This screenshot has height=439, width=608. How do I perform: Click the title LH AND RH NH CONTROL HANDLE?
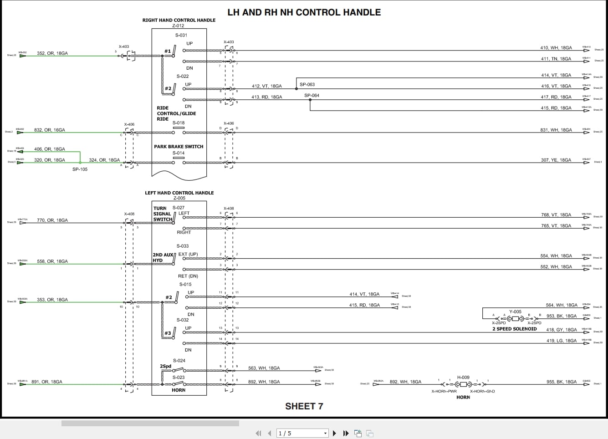click(x=304, y=12)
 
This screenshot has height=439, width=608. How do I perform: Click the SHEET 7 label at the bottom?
click(x=304, y=406)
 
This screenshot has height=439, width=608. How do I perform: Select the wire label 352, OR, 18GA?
click(x=52, y=53)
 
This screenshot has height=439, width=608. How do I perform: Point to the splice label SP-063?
click(x=307, y=85)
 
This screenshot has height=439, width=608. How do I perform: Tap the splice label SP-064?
click(x=312, y=96)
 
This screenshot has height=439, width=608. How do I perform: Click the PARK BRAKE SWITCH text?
click(x=179, y=147)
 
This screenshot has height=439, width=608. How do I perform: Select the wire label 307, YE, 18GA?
click(x=556, y=160)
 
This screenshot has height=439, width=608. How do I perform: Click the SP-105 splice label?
click(x=80, y=169)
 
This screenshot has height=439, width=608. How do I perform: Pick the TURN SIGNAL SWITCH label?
click(x=163, y=214)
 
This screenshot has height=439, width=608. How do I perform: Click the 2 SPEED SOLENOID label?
click(x=514, y=329)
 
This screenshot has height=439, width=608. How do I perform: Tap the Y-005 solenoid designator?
click(x=515, y=312)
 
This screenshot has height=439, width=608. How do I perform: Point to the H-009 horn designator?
click(x=463, y=378)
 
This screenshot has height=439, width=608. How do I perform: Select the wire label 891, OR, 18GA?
click(x=47, y=382)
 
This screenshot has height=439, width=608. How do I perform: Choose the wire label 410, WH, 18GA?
click(x=556, y=48)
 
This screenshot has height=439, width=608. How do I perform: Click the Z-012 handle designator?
click(x=179, y=26)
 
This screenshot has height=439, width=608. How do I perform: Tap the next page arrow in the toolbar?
click(x=335, y=433)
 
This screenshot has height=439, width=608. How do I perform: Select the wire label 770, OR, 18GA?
click(x=52, y=220)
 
